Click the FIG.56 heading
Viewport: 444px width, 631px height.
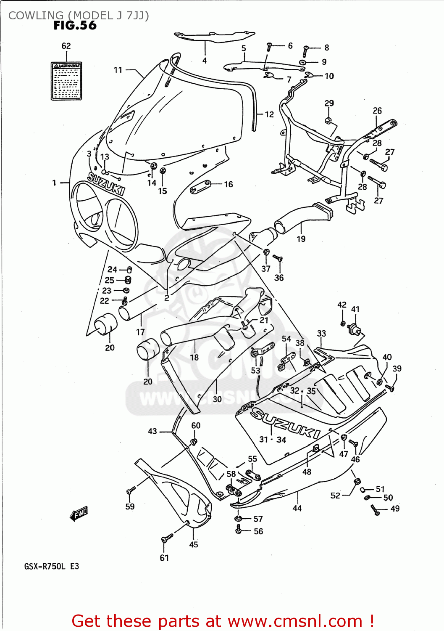[75, 26]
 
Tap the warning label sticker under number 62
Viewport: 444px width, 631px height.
[66, 81]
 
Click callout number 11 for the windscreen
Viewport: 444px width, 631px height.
[118, 70]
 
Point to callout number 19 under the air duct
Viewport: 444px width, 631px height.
[301, 239]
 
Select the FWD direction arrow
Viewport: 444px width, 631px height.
[79, 514]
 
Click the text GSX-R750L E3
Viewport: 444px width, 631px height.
[51, 566]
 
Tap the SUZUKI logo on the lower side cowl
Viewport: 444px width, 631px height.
[286, 424]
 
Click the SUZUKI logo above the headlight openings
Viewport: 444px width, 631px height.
[106, 183]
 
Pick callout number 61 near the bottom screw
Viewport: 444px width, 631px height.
[164, 558]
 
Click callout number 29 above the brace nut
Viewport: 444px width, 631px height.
[329, 103]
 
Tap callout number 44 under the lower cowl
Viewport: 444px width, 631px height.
[297, 508]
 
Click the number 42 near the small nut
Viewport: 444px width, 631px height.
[342, 305]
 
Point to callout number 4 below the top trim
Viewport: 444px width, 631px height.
[205, 61]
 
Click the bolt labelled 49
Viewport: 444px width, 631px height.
[375, 510]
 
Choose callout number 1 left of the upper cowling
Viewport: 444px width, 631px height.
[54, 183]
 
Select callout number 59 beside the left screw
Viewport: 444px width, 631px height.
[130, 506]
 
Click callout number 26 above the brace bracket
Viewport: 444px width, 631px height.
[377, 111]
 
